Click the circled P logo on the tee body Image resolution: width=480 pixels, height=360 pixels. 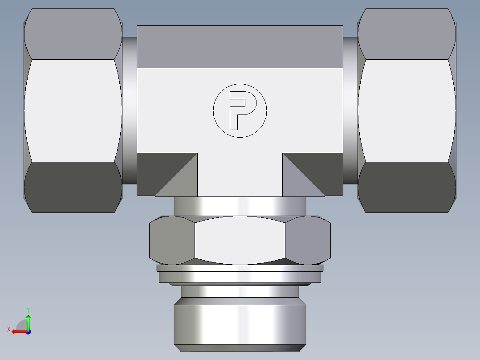point(240,110)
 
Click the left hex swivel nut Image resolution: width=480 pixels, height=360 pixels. point(73,110)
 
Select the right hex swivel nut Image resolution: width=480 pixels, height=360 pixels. point(407,110)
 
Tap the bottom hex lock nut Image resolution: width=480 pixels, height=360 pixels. point(240,240)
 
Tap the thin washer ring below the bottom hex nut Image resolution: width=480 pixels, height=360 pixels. point(240,269)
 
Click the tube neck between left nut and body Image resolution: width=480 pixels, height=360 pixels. point(129,110)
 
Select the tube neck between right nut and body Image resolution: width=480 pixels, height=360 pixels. point(350,110)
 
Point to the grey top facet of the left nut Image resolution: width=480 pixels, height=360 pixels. point(73,34)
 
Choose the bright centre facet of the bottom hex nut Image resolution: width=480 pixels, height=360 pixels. point(240,240)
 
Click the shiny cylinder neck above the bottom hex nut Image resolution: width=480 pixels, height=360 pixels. point(240,206)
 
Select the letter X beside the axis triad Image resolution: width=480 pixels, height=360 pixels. point(8,330)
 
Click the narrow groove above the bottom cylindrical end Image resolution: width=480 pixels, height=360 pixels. point(240,291)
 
